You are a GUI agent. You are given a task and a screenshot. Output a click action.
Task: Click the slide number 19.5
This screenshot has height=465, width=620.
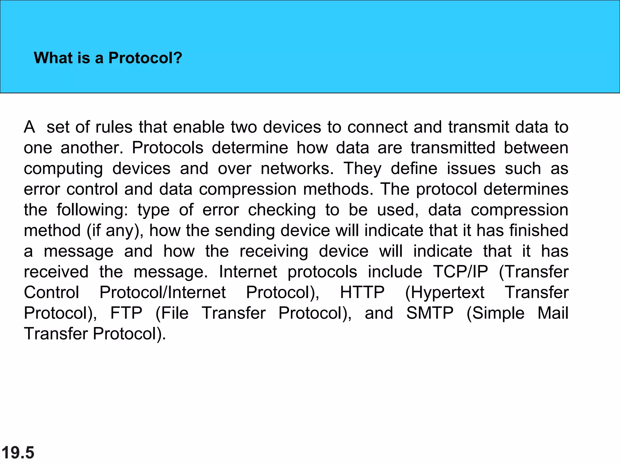tap(18, 453)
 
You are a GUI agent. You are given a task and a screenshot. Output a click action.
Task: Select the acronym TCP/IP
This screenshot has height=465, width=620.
tap(460, 272)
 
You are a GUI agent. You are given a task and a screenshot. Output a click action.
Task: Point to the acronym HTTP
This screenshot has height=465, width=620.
tap(362, 292)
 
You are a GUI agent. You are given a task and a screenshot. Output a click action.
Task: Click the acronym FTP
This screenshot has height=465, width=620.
tap(126, 313)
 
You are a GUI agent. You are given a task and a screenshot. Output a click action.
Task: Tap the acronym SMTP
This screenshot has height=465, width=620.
tap(430, 313)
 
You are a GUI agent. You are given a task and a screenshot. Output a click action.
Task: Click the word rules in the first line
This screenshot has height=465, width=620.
tap(114, 127)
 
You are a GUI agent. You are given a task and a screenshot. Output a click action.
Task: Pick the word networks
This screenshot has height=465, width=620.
tap(297, 168)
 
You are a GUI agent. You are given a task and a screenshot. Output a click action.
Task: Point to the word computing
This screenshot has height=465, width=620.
tap(63, 169)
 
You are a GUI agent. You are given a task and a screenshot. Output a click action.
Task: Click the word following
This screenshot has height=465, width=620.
tap(92, 210)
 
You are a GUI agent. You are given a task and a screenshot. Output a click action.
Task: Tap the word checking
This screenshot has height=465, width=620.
tap(282, 210)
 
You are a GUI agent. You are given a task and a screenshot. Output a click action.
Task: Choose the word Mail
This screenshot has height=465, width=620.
tap(553, 313)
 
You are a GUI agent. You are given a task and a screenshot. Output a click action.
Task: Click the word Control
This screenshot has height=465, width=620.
tap(51, 292)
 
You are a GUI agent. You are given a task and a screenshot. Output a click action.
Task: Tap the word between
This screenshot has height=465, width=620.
tap(536, 148)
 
